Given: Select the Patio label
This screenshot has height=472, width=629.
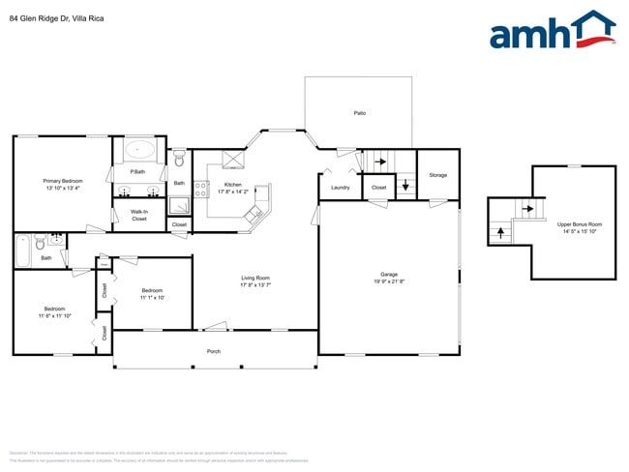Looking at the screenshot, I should [359, 113].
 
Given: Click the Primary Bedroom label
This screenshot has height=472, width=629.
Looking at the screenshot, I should [62, 181].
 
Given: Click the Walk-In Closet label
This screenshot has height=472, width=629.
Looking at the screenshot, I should [139, 215].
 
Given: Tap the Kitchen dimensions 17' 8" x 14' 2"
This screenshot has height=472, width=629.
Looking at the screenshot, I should [233, 192].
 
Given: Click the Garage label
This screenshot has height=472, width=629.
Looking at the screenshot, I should [389, 274].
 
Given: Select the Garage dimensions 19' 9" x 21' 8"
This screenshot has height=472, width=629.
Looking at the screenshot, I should [389, 281].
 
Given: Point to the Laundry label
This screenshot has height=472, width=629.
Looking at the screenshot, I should [340, 187].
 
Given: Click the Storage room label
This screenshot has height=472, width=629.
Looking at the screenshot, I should [438, 175].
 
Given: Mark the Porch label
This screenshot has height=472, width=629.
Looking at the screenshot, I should [214, 351].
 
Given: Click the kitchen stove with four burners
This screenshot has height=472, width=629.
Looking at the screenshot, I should [202, 189].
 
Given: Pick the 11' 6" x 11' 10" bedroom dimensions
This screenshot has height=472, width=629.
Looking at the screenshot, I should [55, 315].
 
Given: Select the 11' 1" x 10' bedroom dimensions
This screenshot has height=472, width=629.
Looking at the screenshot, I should [153, 298].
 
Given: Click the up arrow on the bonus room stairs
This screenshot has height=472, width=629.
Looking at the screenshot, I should [499, 231].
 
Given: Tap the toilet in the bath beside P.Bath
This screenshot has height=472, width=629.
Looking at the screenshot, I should [179, 157].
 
